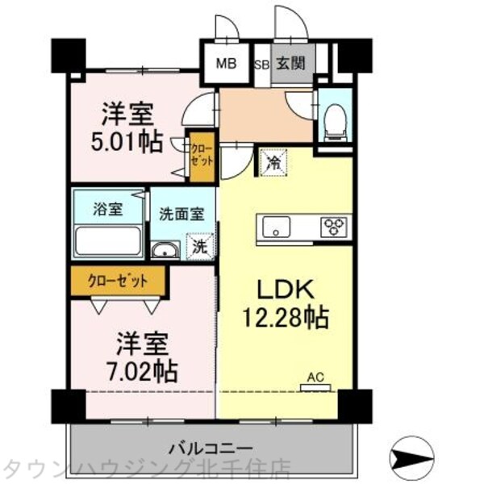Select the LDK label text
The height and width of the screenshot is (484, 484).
281,289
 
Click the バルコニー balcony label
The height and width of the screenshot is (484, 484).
211,448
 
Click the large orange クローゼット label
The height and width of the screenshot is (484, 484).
118,282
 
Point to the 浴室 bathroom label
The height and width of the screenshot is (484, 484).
109,209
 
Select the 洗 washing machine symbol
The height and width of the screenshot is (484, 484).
198,246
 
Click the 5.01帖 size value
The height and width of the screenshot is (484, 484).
125,141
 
